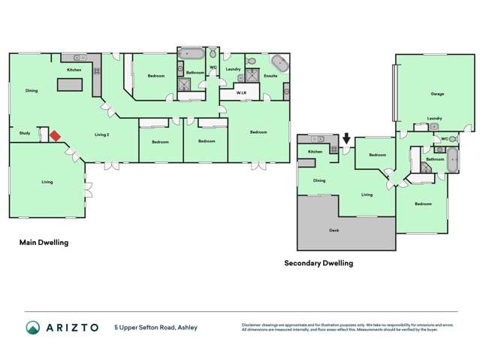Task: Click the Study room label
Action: coord(25,133)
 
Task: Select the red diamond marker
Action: coord(55,136)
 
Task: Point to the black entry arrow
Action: coord(346,139)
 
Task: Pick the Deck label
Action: coord(334,230)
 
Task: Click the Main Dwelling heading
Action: coord(44,243)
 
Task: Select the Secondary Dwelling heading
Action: coord(318,263)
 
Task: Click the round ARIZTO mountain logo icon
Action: coord(34,328)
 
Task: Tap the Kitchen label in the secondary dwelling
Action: coord(315,152)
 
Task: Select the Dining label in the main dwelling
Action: coord(32,90)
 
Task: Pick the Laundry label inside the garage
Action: coord(434,118)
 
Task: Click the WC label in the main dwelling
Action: coord(213,69)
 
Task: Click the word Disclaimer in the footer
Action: coord(253,325)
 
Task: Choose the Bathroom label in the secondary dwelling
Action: coord(435,159)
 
